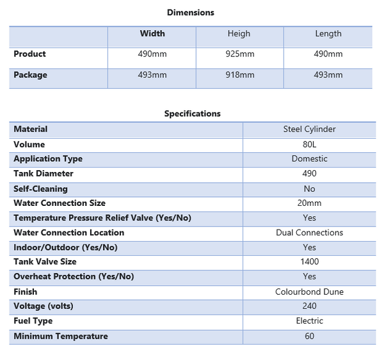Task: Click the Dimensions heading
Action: (191, 12)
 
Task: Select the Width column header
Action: (152, 34)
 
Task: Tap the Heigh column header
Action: (239, 34)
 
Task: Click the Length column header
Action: (328, 34)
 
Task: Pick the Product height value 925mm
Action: (240, 54)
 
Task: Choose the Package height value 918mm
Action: (240, 75)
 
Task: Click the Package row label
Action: (30, 75)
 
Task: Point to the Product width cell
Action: (152, 54)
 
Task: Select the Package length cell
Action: (328, 75)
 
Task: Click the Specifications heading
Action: (192, 114)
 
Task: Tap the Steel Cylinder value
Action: (309, 129)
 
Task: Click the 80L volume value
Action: (309, 145)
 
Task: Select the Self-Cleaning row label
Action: (40, 189)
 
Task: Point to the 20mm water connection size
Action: (309, 203)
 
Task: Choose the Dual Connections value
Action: (309, 233)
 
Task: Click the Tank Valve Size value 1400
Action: (309, 262)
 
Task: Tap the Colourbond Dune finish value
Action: (309, 292)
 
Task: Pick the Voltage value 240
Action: (309, 306)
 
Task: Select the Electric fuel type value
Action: (309, 321)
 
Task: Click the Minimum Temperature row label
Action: (61, 336)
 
